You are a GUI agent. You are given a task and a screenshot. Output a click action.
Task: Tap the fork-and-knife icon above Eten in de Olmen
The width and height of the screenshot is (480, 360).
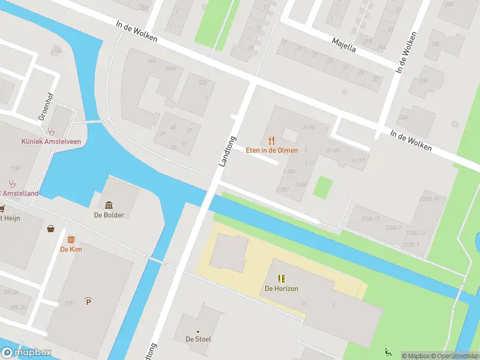point(272,141)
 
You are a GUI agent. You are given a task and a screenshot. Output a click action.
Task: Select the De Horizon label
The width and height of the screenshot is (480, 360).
point(281,289)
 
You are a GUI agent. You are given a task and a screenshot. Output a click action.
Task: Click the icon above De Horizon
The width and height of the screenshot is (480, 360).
point(281,279)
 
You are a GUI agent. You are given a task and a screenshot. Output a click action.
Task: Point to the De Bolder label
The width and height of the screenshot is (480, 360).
point(109,215)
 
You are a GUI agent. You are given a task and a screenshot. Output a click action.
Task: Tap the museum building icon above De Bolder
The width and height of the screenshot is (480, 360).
point(109,205)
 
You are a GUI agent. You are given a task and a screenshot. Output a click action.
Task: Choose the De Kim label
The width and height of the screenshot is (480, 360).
point(71,249)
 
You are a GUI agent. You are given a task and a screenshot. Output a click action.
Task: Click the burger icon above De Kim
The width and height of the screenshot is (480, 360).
point(71,239)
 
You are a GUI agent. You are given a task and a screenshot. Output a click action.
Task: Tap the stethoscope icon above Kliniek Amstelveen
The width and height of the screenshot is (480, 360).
point(52,131)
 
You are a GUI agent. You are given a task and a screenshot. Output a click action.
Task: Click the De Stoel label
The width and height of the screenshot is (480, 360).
point(198,339)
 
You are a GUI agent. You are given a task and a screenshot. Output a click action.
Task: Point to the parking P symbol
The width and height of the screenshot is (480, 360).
point(89,300)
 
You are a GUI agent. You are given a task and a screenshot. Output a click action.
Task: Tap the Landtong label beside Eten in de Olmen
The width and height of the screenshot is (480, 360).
point(227,151)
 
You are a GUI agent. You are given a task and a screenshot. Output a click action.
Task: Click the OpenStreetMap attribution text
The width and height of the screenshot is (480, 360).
point(454,356)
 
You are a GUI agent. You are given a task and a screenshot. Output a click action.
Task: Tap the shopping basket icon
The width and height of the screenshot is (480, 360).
point(52,229)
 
